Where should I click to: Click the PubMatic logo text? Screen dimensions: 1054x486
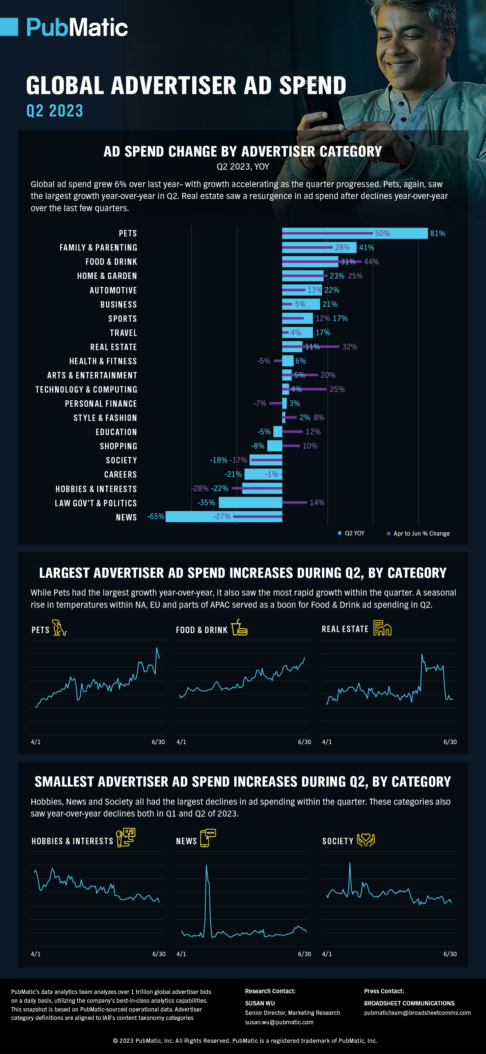[77, 27]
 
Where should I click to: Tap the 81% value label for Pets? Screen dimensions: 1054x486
[437, 233]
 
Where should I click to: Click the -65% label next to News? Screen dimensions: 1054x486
[156, 516]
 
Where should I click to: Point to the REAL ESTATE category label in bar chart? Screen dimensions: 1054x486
[113, 347]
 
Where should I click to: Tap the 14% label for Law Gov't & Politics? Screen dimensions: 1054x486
[317, 503]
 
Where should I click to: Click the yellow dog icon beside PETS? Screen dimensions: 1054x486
[59, 628]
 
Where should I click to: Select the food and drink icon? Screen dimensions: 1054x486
[240, 628]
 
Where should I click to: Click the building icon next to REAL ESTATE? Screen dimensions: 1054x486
[382, 628]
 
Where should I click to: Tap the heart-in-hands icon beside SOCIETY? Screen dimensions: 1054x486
[366, 840]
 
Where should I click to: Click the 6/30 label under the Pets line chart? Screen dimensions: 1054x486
[158, 742]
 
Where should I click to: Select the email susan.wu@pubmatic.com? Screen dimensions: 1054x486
[279, 1022]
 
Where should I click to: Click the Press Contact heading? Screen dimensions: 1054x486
[384, 991]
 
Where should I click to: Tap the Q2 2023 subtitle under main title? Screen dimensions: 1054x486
[55, 111]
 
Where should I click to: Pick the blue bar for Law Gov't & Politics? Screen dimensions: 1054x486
[250, 503]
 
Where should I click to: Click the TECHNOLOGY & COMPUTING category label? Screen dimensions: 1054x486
[86, 390]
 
